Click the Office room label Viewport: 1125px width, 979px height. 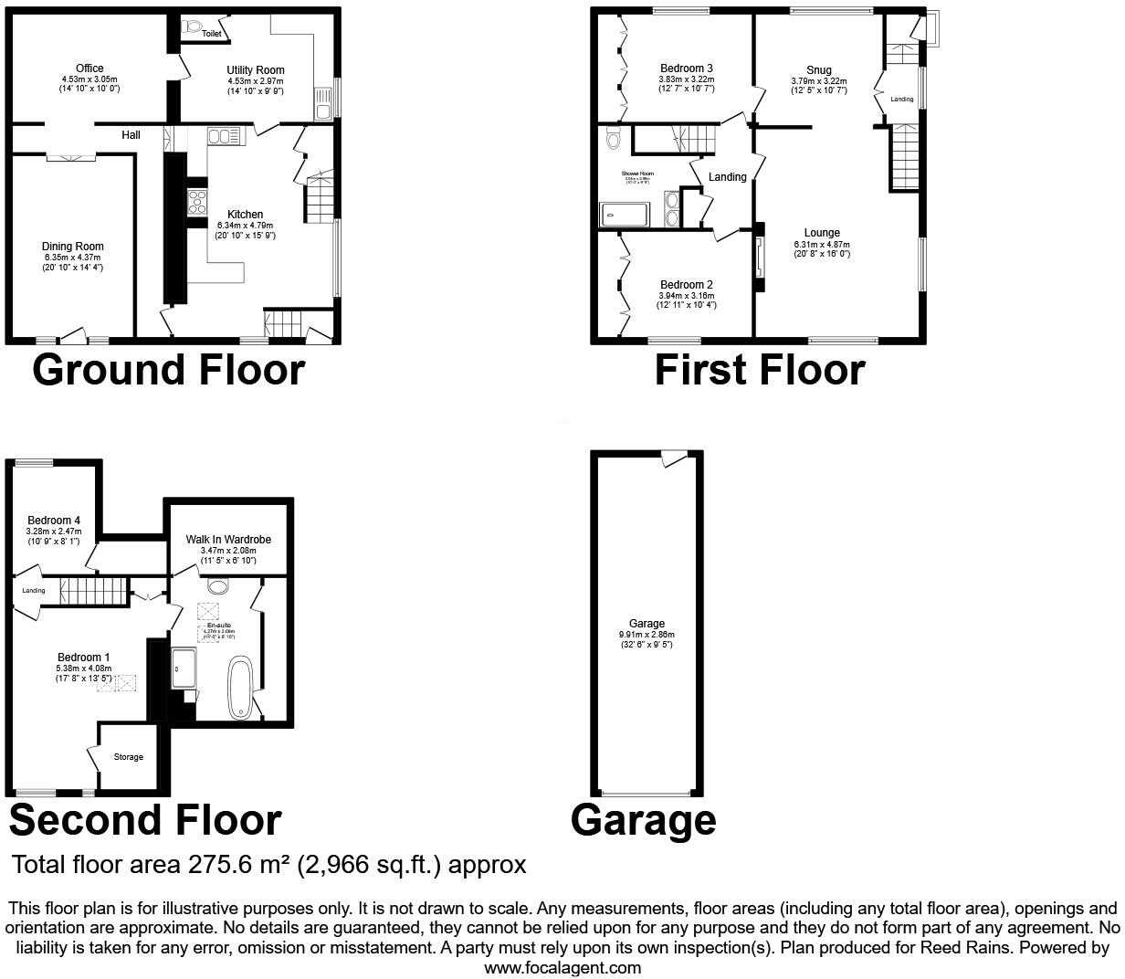click(89, 68)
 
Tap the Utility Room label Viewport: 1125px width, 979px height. click(256, 69)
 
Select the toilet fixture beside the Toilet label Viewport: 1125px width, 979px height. click(192, 27)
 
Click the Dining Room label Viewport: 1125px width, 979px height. click(73, 246)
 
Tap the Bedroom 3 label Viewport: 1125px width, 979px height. click(687, 68)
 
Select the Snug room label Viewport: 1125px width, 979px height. click(818, 69)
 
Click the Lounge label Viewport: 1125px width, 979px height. click(822, 233)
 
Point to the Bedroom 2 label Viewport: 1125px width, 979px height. click(687, 285)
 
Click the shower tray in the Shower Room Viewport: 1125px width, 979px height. click(624, 215)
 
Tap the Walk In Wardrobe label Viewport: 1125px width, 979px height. click(228, 540)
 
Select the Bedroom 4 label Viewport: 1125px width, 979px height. click(54, 521)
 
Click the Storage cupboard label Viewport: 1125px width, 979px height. click(128, 757)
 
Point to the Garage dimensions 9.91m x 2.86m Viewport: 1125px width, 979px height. click(647, 635)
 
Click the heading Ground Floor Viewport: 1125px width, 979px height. click(168, 370)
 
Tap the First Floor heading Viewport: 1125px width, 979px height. click(760, 370)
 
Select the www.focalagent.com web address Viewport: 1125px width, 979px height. click(562, 967)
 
